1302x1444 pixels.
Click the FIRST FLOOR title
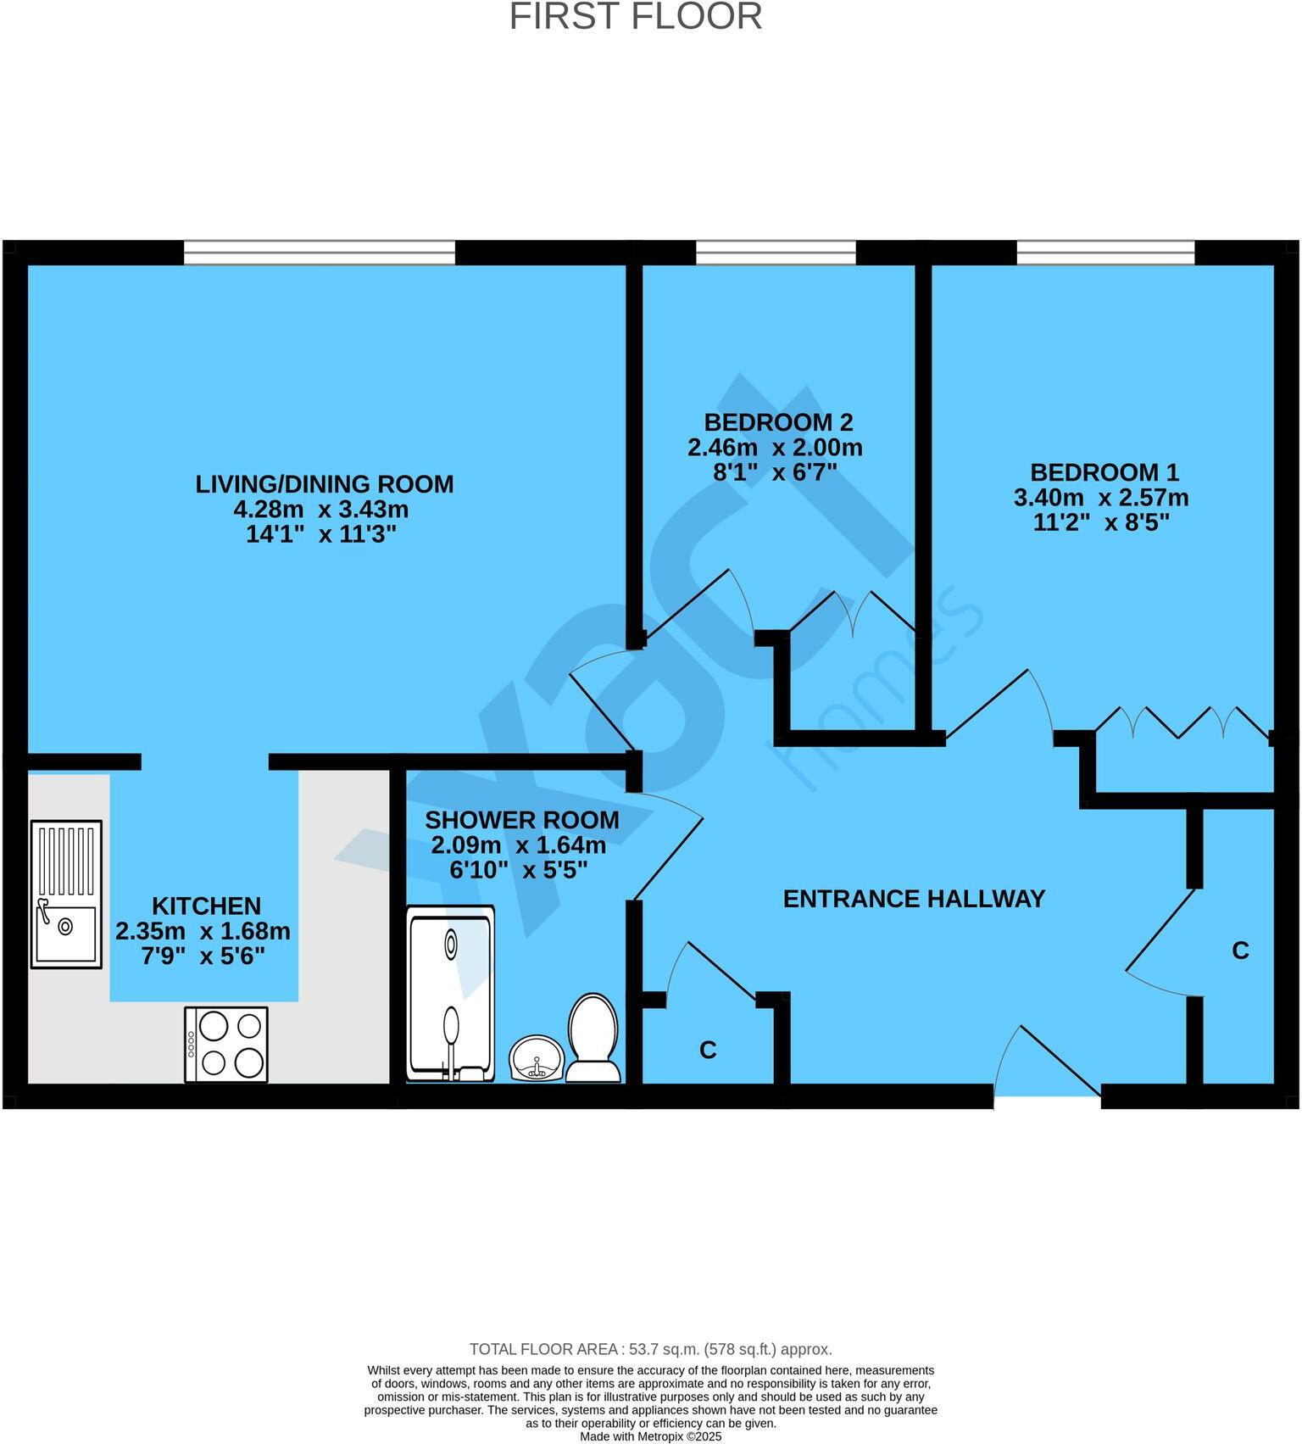[x=635, y=17]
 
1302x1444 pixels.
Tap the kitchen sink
[x=66, y=894]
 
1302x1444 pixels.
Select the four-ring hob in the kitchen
[x=226, y=1044]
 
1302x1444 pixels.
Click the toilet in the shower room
[x=593, y=1038]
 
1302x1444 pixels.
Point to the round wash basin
[x=537, y=1058]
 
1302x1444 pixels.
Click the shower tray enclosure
[x=450, y=993]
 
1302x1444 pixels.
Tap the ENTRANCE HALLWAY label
[x=913, y=899]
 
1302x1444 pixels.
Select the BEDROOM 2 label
[x=778, y=421]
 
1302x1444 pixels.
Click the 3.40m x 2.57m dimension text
[x=1100, y=498]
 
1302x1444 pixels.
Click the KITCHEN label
[x=206, y=906]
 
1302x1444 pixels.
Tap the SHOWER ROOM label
[x=521, y=820]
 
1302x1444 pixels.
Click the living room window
[x=320, y=253]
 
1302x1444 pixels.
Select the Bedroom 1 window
[x=1104, y=253]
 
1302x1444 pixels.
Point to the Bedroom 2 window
[x=776, y=253]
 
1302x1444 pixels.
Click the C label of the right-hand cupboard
[x=1239, y=951]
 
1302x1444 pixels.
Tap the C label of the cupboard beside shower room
[x=708, y=1051]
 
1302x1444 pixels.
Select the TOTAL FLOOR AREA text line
[x=650, y=1349]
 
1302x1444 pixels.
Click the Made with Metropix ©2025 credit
[x=650, y=1437]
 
